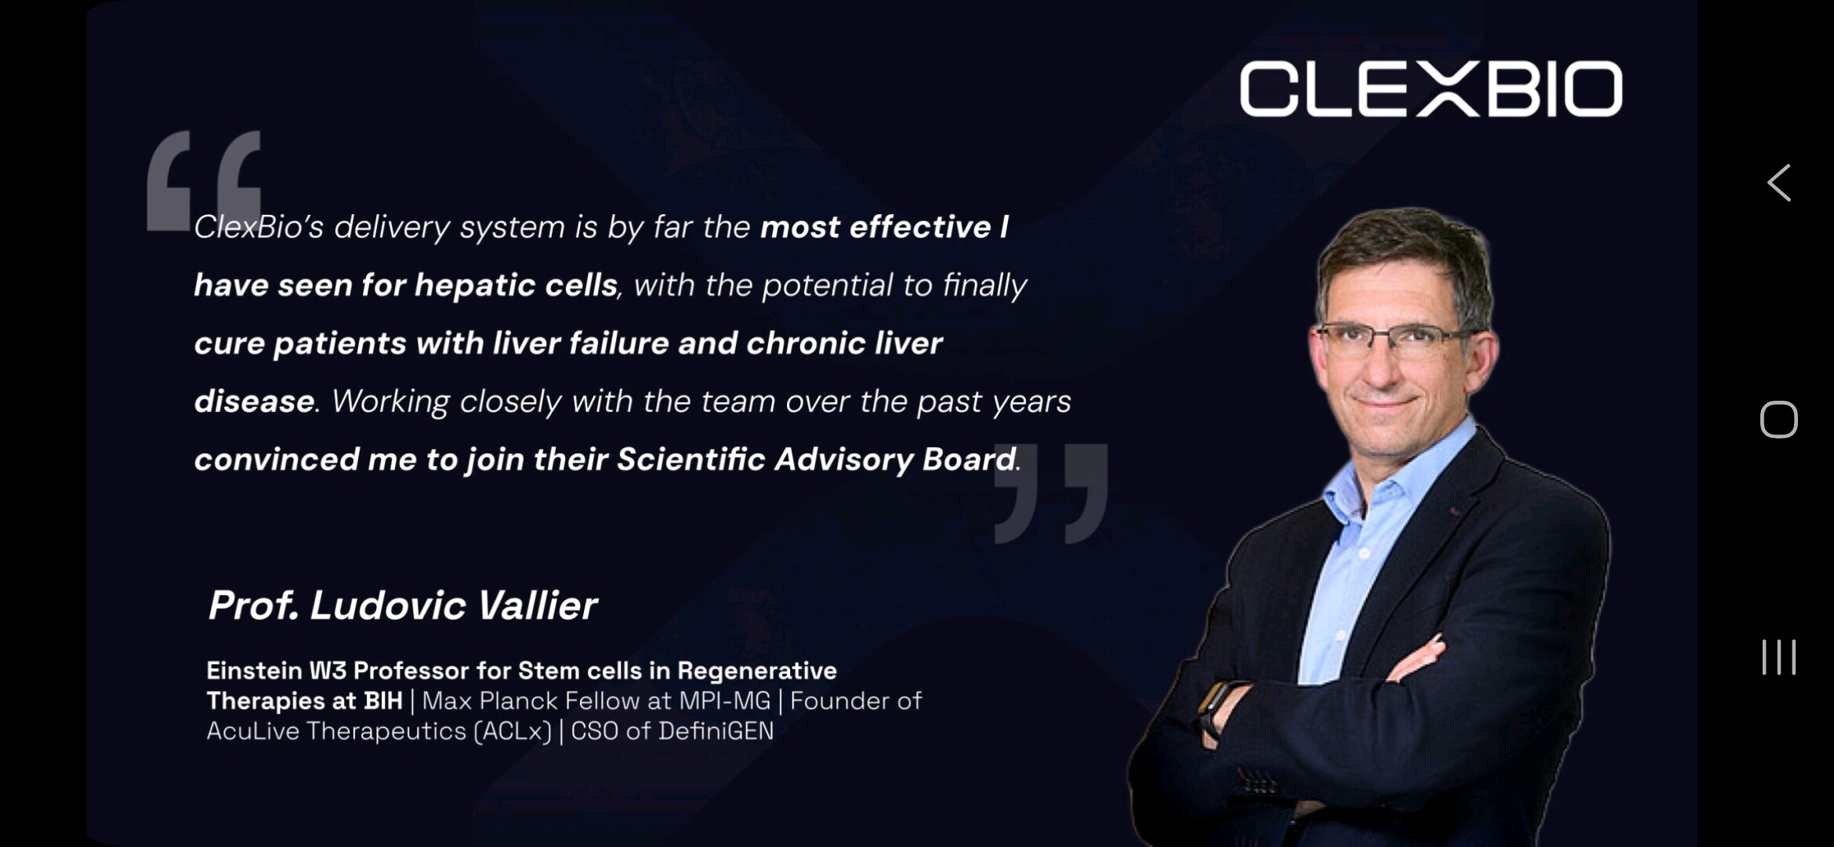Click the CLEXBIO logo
point(1430,89)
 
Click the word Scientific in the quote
point(690,460)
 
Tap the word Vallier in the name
point(537,605)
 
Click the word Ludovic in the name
point(389,605)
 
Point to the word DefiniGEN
point(716,731)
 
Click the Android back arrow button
point(1778,183)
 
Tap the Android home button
point(1778,420)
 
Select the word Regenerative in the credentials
point(757,671)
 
